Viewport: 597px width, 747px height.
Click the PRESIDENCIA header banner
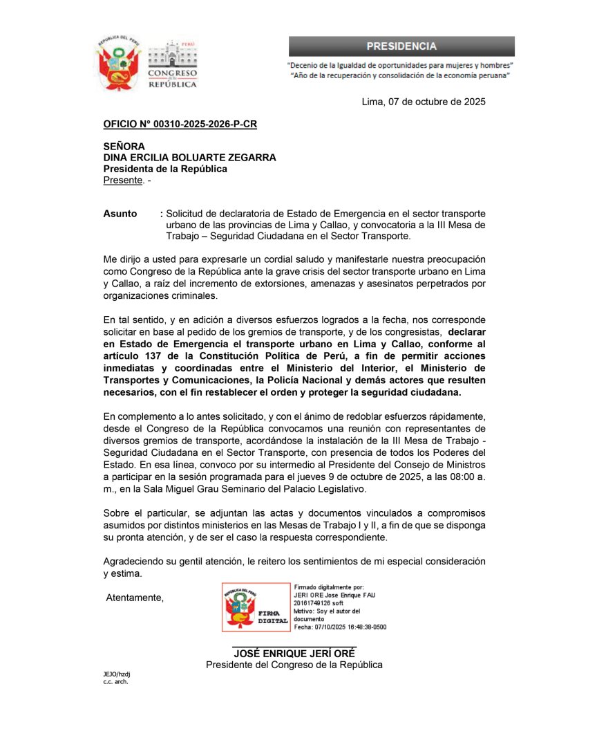[x=401, y=46]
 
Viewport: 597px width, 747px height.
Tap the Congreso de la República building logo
[x=173, y=64]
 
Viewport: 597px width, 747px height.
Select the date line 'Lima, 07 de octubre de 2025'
[x=424, y=102]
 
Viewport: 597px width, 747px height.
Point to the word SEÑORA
[x=124, y=147]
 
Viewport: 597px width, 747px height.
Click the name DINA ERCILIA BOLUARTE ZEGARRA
[x=189, y=158]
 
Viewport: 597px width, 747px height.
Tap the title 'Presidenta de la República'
[x=165, y=169]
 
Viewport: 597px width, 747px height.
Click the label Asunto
[x=120, y=214]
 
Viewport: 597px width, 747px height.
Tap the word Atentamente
[x=135, y=598]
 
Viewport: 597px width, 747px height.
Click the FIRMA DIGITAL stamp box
[x=256, y=608]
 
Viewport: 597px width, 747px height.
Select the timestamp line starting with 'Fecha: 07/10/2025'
[x=340, y=627]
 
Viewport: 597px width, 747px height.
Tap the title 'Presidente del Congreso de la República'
[x=294, y=665]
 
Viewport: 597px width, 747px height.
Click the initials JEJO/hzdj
[x=117, y=674]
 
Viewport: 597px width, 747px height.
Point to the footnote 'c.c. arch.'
[x=116, y=681]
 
